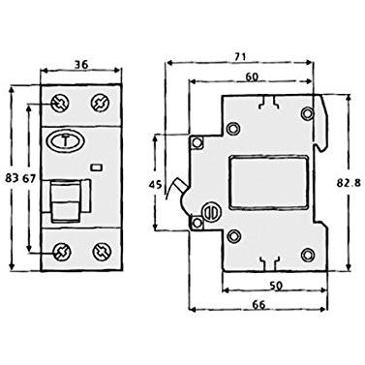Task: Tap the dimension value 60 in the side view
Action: click(251, 78)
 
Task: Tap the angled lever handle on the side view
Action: click(180, 188)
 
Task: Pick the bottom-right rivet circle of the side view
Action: click(308, 254)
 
